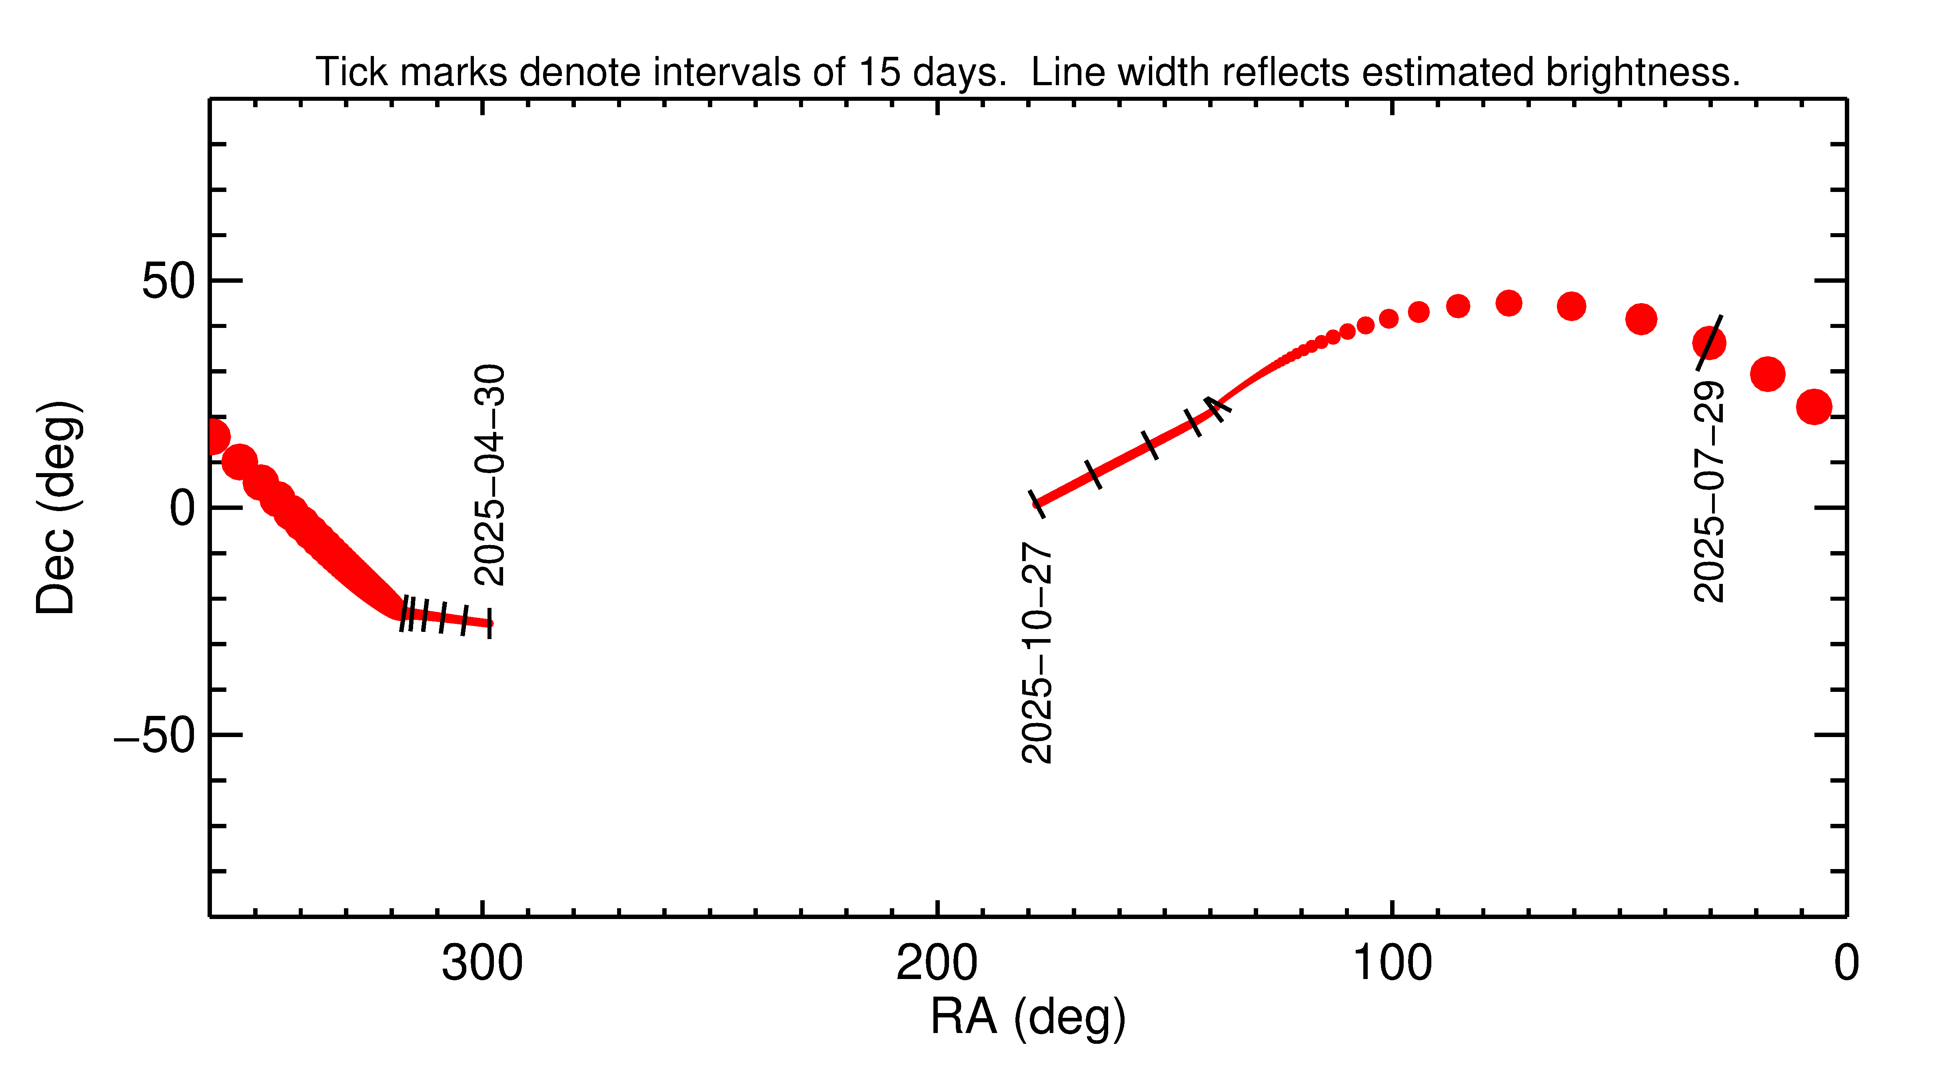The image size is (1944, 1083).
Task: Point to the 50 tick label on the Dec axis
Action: point(168,282)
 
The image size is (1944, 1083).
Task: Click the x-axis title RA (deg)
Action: point(1028,1017)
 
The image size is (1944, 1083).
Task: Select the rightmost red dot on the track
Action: point(1814,407)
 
